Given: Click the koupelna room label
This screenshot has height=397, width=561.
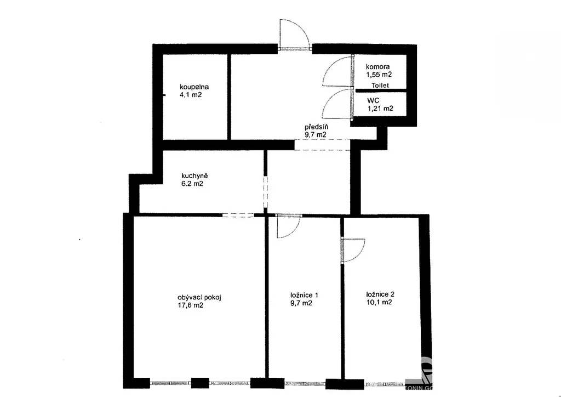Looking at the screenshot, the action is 194,87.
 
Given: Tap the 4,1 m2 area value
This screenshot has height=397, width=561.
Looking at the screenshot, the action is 191,95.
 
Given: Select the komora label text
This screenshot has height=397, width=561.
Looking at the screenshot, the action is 377,66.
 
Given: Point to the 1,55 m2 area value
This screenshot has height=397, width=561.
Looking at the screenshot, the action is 379,75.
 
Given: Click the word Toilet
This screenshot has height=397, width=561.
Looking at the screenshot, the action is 380,86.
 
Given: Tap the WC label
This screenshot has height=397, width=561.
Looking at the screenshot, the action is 373,100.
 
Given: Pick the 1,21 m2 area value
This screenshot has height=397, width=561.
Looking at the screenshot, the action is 380,109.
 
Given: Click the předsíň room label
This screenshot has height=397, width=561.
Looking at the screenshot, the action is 317,127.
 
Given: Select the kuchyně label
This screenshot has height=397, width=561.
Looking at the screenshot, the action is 194,176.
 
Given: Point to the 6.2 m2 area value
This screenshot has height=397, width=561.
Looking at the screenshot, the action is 192,184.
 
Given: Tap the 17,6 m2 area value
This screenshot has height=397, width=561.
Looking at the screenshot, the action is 190,305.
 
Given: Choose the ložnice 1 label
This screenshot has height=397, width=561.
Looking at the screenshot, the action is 304,296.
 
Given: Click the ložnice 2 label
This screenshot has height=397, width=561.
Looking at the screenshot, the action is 380,294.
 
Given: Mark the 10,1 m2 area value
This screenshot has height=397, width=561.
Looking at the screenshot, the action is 379,302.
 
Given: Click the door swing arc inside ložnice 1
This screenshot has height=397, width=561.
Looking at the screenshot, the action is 294,231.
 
